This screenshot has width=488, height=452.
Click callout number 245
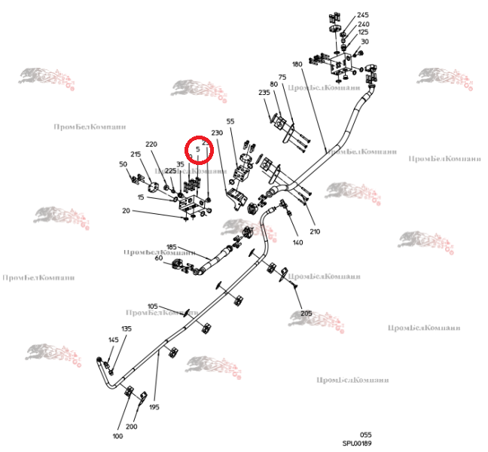tap(363, 15)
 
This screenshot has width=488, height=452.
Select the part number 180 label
tap(297, 65)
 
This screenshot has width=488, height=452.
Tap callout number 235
tap(264, 93)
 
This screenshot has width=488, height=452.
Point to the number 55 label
tap(230, 121)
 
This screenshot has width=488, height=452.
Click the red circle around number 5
tap(200, 150)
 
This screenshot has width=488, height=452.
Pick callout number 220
tap(151, 144)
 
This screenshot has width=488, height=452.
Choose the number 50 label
tap(123, 163)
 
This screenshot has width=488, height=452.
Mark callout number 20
tap(126, 211)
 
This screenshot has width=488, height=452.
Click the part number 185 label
tap(171, 247)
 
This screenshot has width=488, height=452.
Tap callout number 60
tap(159, 258)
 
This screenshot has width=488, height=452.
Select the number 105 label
tap(153, 306)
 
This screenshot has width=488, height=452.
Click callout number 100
tap(117, 436)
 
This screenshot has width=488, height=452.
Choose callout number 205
tap(306, 313)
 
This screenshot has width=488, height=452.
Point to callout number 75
tap(282, 77)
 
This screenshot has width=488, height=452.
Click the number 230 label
tap(218, 133)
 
